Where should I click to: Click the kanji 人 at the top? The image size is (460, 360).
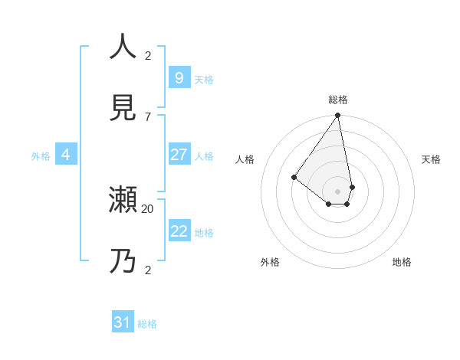click(x=123, y=46)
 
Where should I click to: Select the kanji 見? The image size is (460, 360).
click(x=123, y=108)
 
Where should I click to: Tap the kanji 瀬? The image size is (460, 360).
click(x=123, y=200)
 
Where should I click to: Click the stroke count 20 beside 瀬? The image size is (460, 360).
click(x=148, y=208)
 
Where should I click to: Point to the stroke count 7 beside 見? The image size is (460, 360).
click(x=148, y=116)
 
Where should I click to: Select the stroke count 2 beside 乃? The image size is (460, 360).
click(x=148, y=270)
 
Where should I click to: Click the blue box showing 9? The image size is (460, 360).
click(x=179, y=77)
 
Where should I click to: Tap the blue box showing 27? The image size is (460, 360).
click(x=179, y=155)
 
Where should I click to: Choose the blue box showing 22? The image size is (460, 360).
click(x=179, y=231)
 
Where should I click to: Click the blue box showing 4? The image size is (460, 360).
click(x=66, y=155)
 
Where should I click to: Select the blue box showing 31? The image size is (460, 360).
click(x=123, y=322)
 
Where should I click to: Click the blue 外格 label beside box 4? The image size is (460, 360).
click(x=41, y=156)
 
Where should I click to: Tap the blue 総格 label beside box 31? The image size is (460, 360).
click(x=147, y=324)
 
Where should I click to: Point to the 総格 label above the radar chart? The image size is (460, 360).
click(x=338, y=100)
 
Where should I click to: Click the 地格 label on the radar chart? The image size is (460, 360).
click(x=402, y=262)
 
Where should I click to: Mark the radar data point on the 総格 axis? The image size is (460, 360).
click(x=337, y=116)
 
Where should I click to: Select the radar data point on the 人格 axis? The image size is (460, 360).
click(x=294, y=177)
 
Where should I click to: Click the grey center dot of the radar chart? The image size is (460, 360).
click(x=337, y=191)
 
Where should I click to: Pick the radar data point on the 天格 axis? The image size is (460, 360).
click(x=352, y=187)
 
